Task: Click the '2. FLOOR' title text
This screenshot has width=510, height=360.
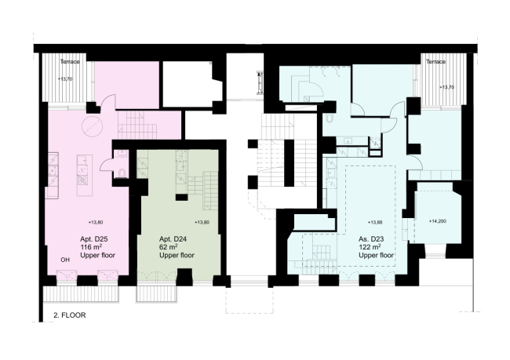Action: click(x=70, y=315)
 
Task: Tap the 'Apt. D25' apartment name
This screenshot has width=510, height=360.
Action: click(x=94, y=239)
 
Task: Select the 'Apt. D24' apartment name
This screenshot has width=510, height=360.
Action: click(x=173, y=239)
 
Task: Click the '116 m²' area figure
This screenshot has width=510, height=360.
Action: click(x=91, y=247)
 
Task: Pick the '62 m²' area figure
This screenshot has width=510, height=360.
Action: click(x=168, y=247)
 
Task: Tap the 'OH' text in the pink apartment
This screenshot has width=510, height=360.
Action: click(x=65, y=260)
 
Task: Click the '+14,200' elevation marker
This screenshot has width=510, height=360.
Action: click(x=438, y=221)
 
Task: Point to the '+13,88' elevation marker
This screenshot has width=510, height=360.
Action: click(x=375, y=223)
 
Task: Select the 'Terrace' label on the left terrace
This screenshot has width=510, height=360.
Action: click(x=70, y=61)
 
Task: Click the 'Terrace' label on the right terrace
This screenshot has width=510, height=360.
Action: click(x=435, y=61)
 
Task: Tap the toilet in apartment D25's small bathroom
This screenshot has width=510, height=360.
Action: click(x=122, y=173)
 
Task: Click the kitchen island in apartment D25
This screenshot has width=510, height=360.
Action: click(x=85, y=175)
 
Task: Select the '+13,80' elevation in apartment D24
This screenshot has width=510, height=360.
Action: click(x=202, y=223)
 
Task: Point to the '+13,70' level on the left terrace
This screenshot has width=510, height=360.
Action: click(x=65, y=78)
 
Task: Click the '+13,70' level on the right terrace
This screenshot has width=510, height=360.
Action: click(x=446, y=87)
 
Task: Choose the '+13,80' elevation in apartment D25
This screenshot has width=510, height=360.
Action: click(x=96, y=223)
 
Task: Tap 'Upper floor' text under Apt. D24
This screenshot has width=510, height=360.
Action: click(x=177, y=255)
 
